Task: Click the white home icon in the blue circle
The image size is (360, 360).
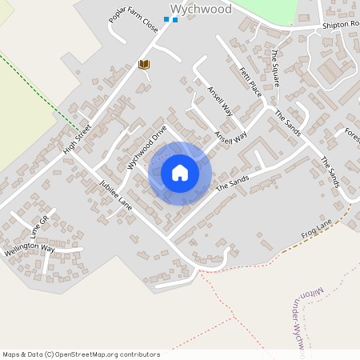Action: [180, 173]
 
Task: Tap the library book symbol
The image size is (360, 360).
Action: [145, 64]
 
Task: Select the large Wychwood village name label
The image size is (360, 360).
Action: [201, 10]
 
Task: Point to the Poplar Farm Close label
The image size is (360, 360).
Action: [134, 31]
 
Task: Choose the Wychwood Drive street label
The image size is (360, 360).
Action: [146, 146]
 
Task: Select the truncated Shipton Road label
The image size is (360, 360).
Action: [340, 25]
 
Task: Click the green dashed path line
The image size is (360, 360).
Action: [40, 92]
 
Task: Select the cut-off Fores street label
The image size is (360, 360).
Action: [352, 133]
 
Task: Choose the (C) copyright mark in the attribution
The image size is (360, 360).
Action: [50, 354]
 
